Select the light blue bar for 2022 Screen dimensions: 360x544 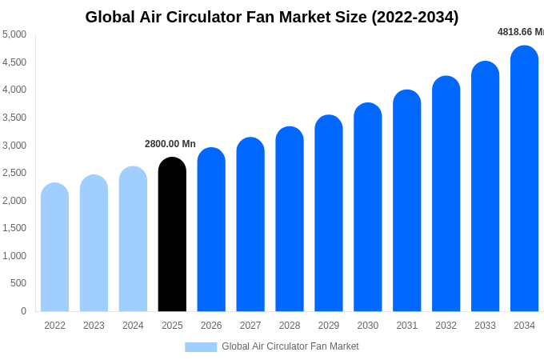(x=54, y=247)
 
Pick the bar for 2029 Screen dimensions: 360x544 (x=329, y=214)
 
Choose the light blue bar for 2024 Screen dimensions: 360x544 (x=133, y=239)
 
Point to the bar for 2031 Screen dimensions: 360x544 (x=406, y=201)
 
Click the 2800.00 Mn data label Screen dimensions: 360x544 (x=170, y=144)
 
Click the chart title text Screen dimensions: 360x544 (x=272, y=17)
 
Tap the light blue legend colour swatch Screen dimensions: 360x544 (x=201, y=347)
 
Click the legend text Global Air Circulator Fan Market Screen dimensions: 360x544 (x=290, y=346)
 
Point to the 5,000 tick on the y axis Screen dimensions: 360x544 (x=14, y=34)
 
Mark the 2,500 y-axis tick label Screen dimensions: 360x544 (x=14, y=173)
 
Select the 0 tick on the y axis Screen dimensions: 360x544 (x=23, y=311)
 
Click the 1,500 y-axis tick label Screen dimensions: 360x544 (x=14, y=228)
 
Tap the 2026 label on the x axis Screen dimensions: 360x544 (x=211, y=326)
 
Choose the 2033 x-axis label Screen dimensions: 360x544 (x=485, y=326)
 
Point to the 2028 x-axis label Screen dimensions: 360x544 (x=290, y=326)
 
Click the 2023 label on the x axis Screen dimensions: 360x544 (x=94, y=326)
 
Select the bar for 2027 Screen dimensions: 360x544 (x=250, y=225)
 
